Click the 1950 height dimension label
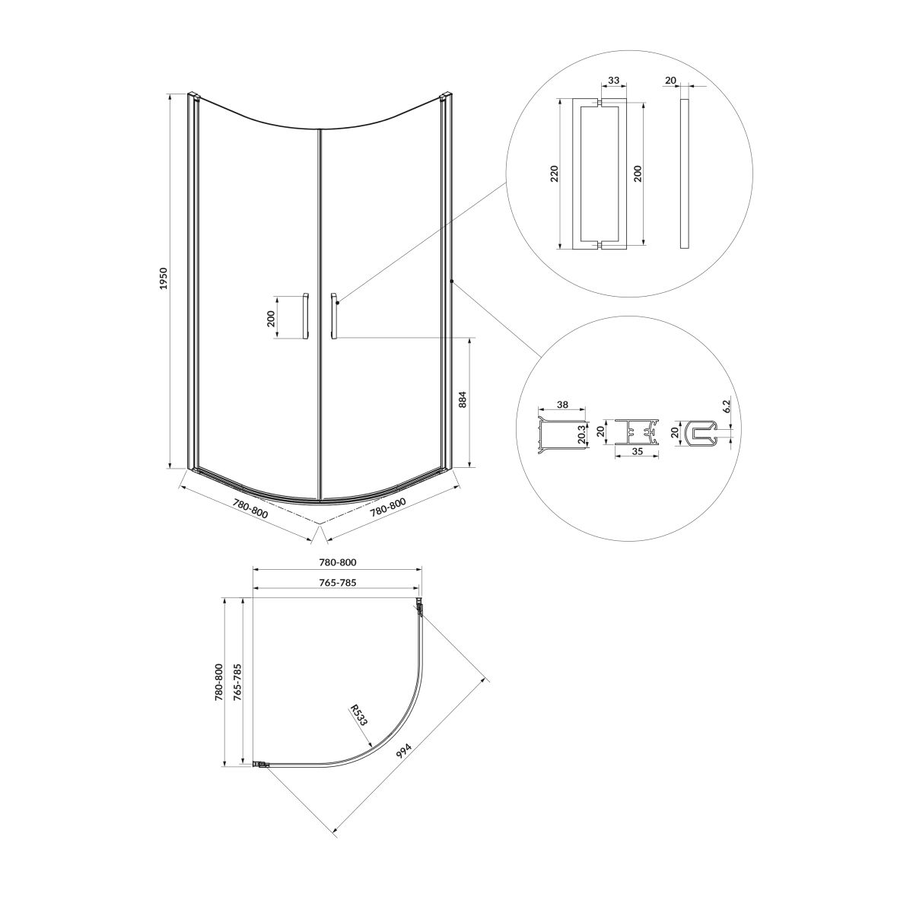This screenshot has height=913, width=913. [164, 278]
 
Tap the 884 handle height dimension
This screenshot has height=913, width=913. [463, 399]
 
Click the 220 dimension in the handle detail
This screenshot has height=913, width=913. [555, 173]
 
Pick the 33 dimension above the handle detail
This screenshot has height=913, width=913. [613, 80]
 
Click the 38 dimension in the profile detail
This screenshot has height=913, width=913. [562, 405]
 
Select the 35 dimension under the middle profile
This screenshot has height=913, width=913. [638, 451]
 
